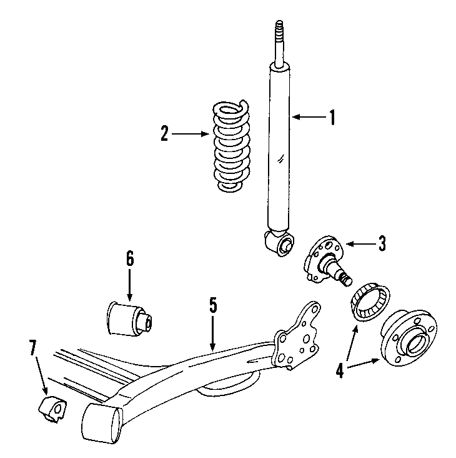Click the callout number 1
point(332,117)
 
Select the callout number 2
point(164,134)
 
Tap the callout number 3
point(382,243)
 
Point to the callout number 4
point(339,371)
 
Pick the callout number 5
point(212,305)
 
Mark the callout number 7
point(33,349)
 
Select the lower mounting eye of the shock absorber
point(282,243)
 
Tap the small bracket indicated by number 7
point(52,407)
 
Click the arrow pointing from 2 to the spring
point(191,134)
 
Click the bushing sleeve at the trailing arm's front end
point(100,421)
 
